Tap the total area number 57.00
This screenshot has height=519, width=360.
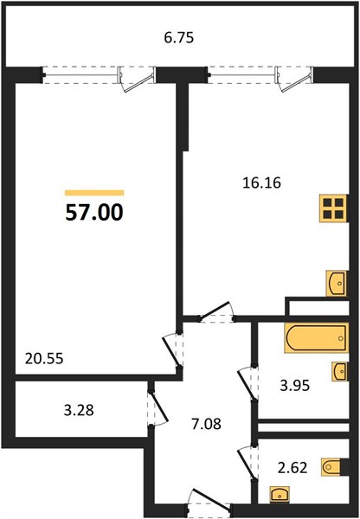(x=94, y=213)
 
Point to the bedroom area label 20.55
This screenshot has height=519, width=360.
(x=44, y=356)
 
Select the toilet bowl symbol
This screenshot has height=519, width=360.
(x=332, y=467)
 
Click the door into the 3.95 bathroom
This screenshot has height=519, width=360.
(x=247, y=377)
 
